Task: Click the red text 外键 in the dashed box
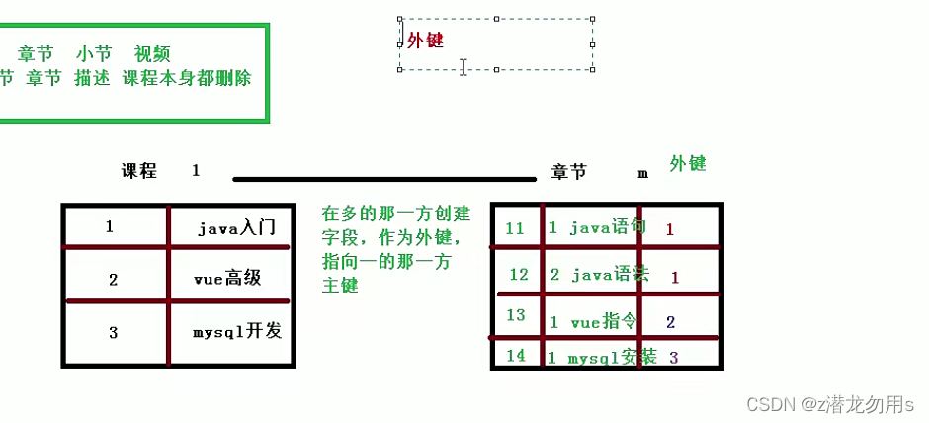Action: (425, 40)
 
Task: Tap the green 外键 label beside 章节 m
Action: (687, 163)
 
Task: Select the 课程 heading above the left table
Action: (139, 171)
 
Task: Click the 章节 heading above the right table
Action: (569, 172)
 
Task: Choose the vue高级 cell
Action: (227, 278)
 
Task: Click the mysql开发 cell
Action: (237, 331)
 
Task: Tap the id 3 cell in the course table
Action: (114, 332)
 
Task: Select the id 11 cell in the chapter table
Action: (515, 228)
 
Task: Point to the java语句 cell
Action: (598, 227)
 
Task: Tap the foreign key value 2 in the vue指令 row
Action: (670, 322)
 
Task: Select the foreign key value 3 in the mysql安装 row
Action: (673, 357)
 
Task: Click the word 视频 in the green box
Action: (152, 54)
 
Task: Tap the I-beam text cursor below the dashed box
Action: (463, 66)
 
